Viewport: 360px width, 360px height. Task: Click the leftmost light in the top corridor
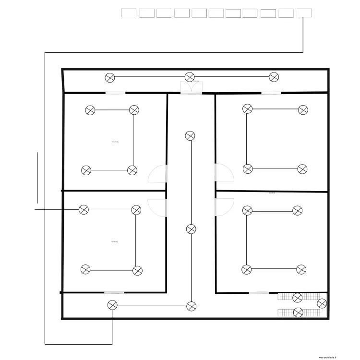[x=110, y=77]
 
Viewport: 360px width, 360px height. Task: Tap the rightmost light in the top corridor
[x=274, y=77]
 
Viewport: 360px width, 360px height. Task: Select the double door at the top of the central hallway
[x=191, y=87]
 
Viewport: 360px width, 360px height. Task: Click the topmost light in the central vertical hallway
[x=190, y=136]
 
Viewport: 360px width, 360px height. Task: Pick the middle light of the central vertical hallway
[x=191, y=229]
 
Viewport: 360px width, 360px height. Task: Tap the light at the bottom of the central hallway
[x=192, y=306]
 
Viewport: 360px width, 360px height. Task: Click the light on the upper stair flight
[x=298, y=298]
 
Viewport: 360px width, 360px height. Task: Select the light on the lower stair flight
[x=298, y=312]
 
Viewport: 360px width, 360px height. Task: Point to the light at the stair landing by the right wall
[x=322, y=303]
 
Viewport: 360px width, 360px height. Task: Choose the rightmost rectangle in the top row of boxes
[x=304, y=13]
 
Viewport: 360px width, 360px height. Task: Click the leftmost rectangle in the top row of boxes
[x=129, y=13]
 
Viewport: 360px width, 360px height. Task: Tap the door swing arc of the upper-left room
[x=157, y=174]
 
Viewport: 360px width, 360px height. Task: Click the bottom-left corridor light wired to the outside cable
[x=112, y=305]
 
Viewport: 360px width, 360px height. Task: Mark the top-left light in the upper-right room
[x=247, y=109]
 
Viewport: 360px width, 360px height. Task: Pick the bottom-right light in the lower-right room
[x=301, y=270]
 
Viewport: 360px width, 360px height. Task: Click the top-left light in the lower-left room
[x=84, y=209]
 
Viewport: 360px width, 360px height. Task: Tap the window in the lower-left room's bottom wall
[x=114, y=292]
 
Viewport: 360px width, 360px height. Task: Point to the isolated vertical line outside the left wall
[x=36, y=177]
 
